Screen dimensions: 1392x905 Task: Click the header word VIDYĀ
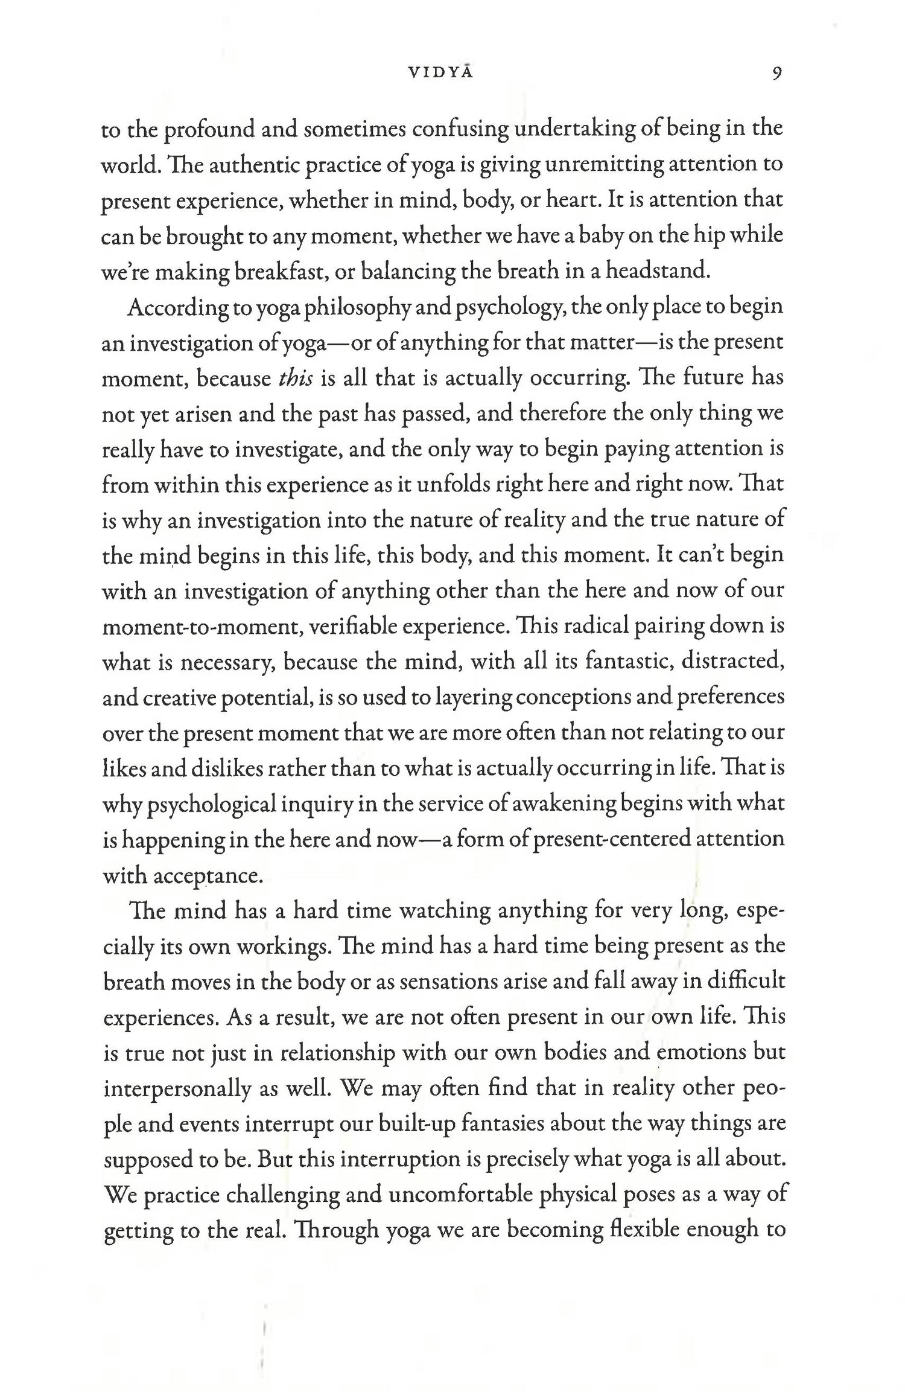440,74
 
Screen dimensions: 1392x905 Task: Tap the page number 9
776,74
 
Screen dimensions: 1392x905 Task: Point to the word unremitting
603,165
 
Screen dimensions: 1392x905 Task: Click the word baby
601,235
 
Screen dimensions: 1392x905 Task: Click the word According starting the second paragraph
176,307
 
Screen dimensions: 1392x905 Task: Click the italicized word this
295,378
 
